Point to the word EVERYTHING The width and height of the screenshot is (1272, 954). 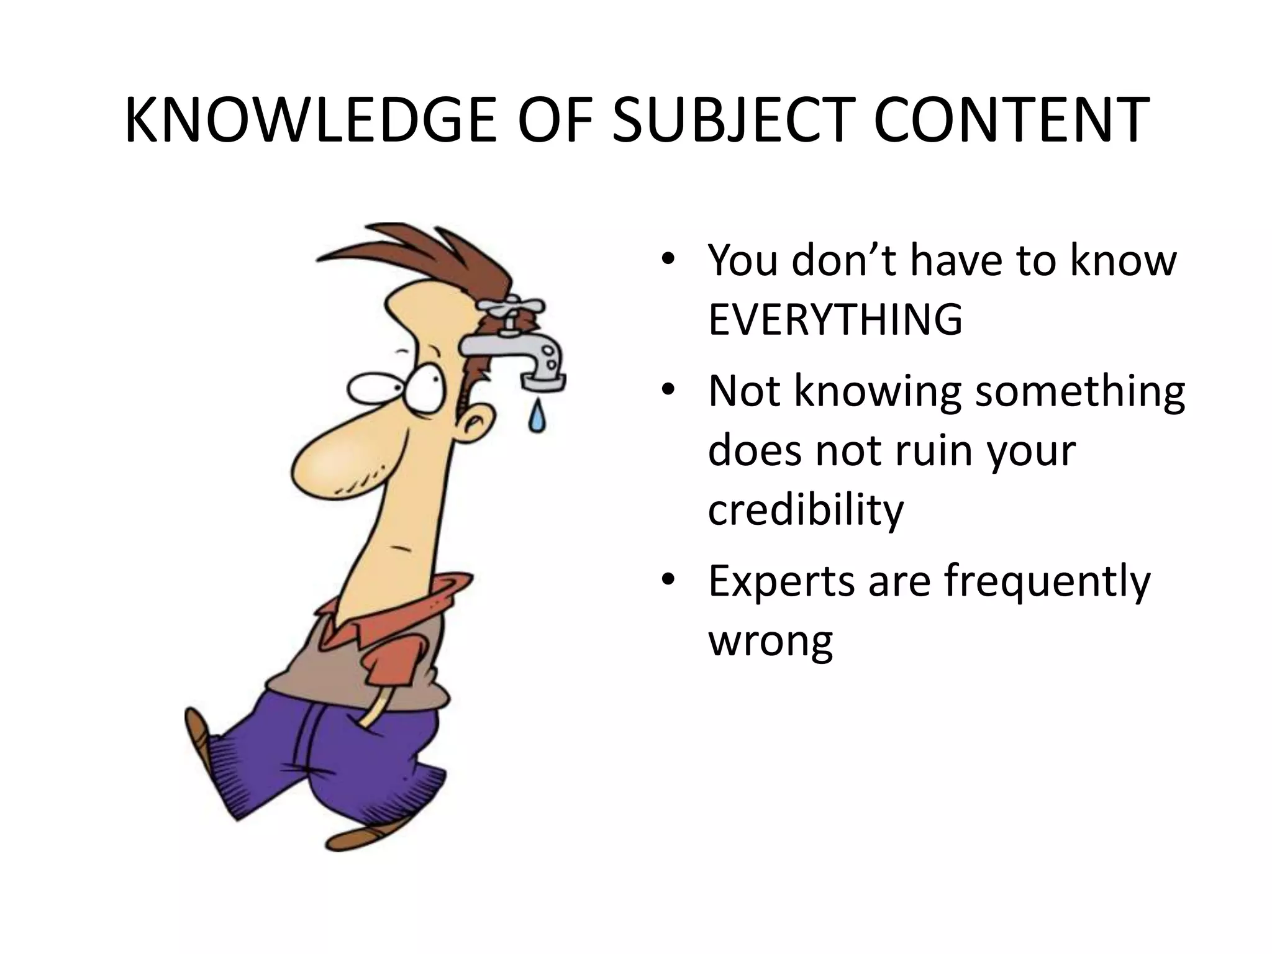tap(835, 320)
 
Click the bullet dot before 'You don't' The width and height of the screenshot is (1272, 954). tap(668, 260)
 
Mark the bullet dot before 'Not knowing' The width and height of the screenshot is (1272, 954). tap(668, 391)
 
